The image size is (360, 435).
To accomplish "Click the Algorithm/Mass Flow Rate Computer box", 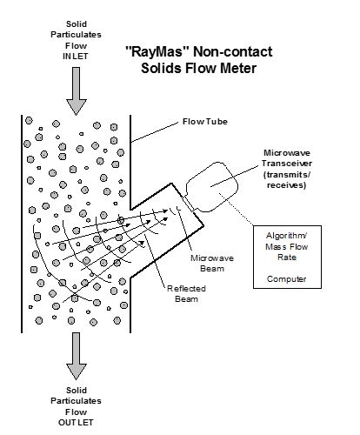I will point(290,261).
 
